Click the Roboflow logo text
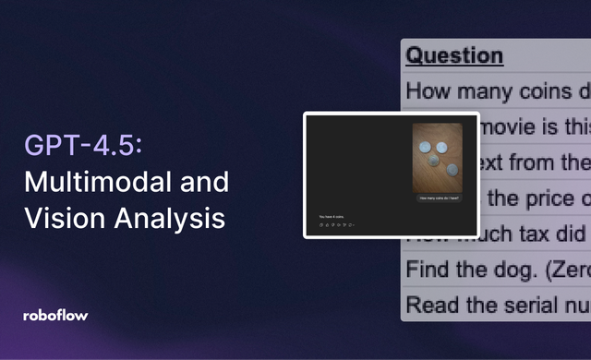55,315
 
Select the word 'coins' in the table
542,91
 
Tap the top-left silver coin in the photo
425,147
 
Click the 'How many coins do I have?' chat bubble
439,198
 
